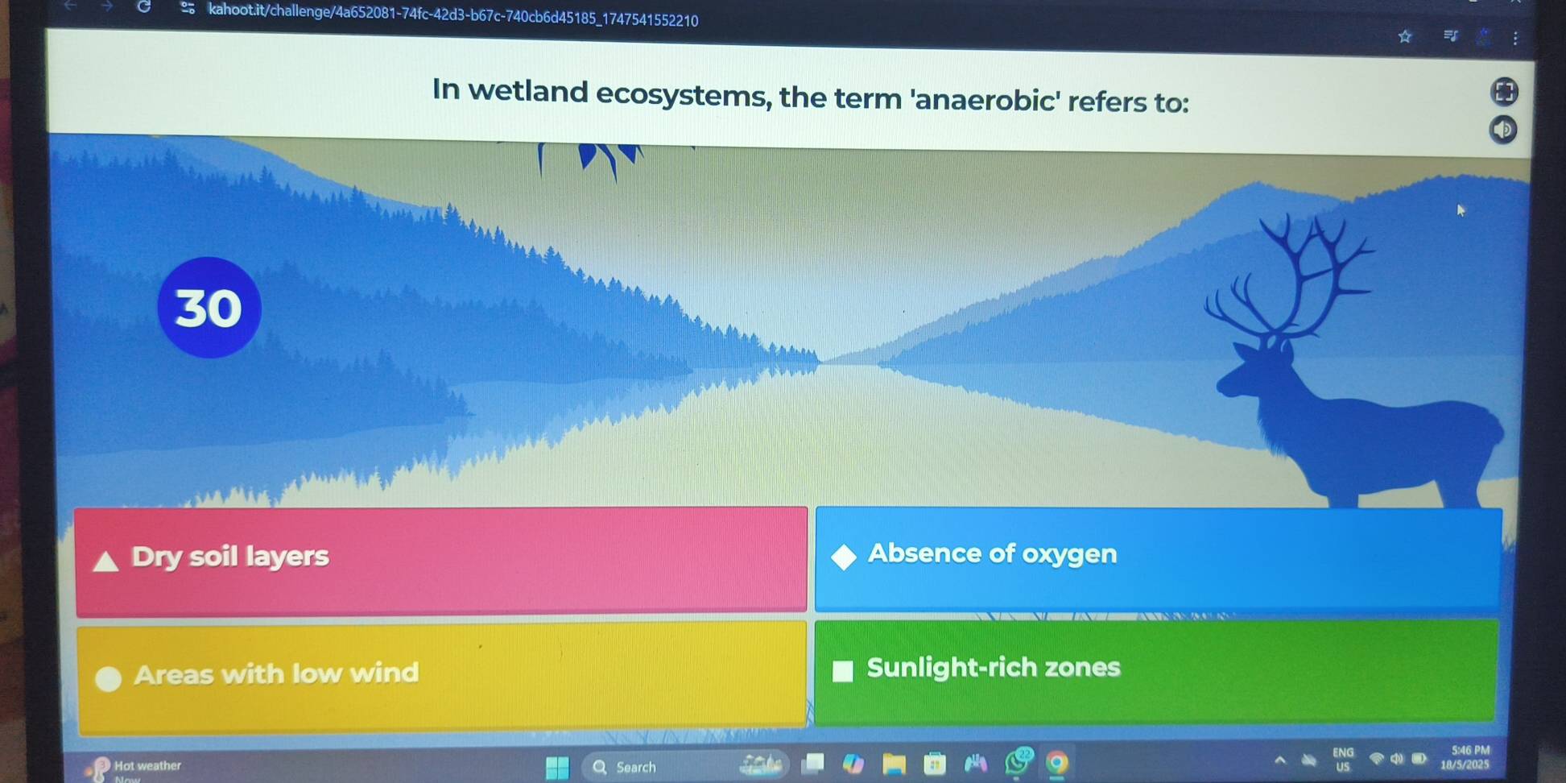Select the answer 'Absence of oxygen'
992,554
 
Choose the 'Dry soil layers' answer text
230,557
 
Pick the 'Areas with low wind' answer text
276,673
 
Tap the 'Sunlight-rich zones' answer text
994,668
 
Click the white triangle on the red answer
105,561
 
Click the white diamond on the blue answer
844,557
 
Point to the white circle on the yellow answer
108,679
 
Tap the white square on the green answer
842,671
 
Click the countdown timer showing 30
209,308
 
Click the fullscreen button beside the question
1504,91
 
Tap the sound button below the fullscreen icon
1502,130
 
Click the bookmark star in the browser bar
1405,36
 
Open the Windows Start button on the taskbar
557,767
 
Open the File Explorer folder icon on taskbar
894,764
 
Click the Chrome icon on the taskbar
1057,762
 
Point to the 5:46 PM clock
1471,750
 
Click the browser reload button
144,7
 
